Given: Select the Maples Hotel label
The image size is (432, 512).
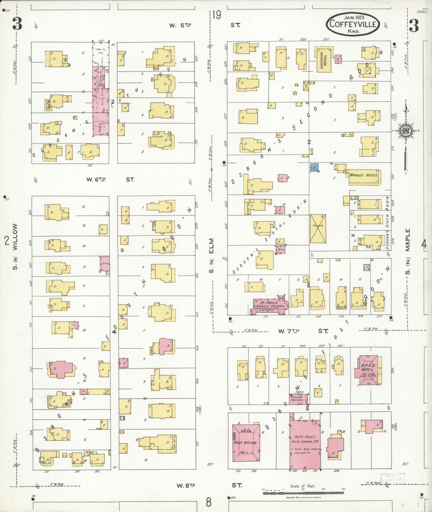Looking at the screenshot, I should [x=364, y=175].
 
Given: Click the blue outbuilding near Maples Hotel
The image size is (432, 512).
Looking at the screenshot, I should [x=315, y=168].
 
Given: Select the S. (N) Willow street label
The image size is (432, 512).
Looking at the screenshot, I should [x=15, y=246].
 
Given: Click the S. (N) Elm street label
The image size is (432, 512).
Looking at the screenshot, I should [x=212, y=256].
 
